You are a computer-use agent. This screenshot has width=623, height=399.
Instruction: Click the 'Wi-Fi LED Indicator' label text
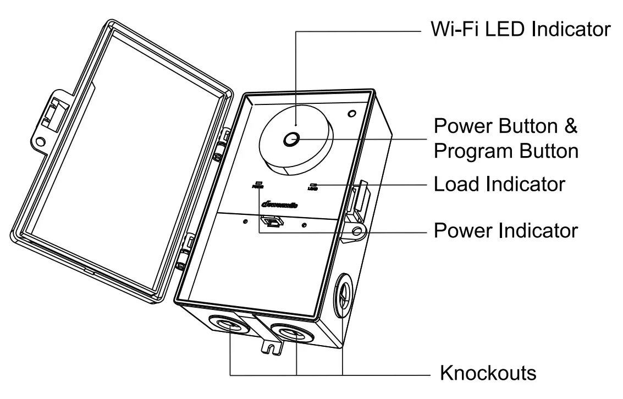tap(520, 29)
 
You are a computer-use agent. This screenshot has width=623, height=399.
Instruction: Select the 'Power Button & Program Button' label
tap(506, 138)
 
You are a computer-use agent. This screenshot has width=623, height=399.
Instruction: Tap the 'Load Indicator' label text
tap(499, 184)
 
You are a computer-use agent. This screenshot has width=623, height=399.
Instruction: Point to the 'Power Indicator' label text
tap(506, 230)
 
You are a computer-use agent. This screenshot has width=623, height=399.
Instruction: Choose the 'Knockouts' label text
tap(488, 373)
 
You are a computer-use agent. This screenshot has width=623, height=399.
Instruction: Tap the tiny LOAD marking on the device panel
tap(313, 186)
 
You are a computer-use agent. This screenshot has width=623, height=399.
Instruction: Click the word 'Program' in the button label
tap(472, 150)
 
